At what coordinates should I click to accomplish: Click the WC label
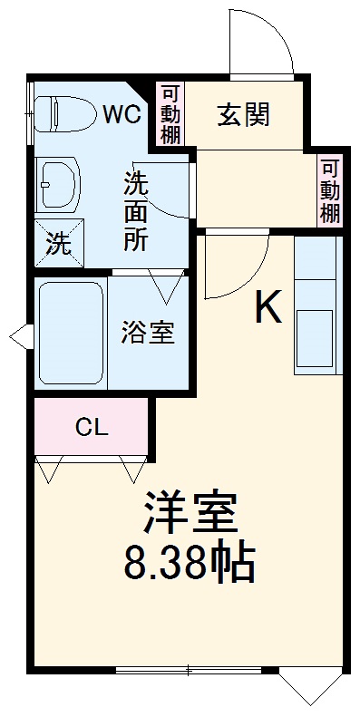click(121, 114)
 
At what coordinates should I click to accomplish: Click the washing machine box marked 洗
click(57, 242)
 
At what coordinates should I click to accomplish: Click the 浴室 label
click(148, 332)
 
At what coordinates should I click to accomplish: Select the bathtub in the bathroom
click(72, 333)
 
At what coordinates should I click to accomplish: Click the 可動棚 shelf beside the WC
click(170, 115)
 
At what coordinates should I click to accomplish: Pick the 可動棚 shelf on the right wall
click(329, 191)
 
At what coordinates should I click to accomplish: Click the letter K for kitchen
click(268, 309)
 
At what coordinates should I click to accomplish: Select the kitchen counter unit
click(317, 305)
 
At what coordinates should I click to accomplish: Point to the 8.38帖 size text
click(189, 564)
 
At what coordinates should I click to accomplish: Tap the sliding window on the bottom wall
click(189, 672)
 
